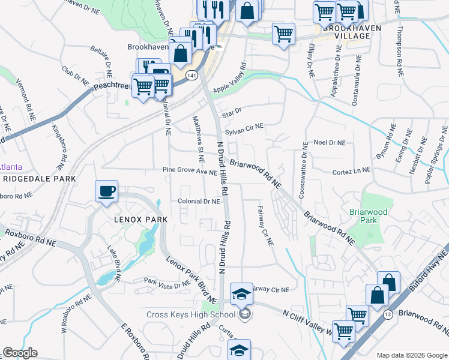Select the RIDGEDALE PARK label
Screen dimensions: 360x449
tap(39, 179)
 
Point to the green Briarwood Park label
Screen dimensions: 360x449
tap(369, 216)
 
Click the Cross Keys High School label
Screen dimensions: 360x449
tap(190, 314)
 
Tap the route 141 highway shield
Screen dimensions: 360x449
tap(191, 75)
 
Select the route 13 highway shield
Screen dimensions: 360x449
tap(389, 314)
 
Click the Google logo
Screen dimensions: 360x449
tap(20, 353)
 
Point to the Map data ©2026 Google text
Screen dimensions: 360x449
tap(411, 355)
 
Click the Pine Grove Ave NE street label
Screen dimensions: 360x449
tap(190, 172)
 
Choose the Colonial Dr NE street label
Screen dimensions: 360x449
tap(198, 202)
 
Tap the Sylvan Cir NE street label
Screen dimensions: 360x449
tap(244, 128)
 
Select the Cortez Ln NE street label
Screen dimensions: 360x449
tap(351, 172)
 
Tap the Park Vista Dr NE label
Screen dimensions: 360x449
tap(165, 281)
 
